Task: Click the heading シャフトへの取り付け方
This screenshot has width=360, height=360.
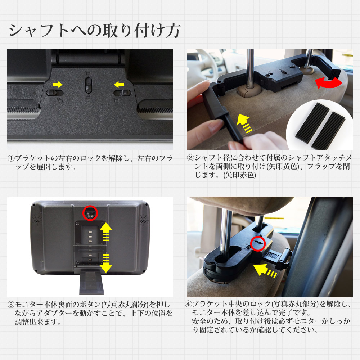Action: point(94,31)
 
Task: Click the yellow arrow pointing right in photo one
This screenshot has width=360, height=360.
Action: point(57,85)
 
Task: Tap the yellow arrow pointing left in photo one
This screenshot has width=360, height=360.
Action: point(118,85)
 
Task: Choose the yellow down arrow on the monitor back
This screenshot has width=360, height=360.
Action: point(106,263)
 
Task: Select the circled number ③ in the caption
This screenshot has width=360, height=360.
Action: point(11,305)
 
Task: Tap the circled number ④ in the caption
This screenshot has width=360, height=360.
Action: point(188,304)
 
